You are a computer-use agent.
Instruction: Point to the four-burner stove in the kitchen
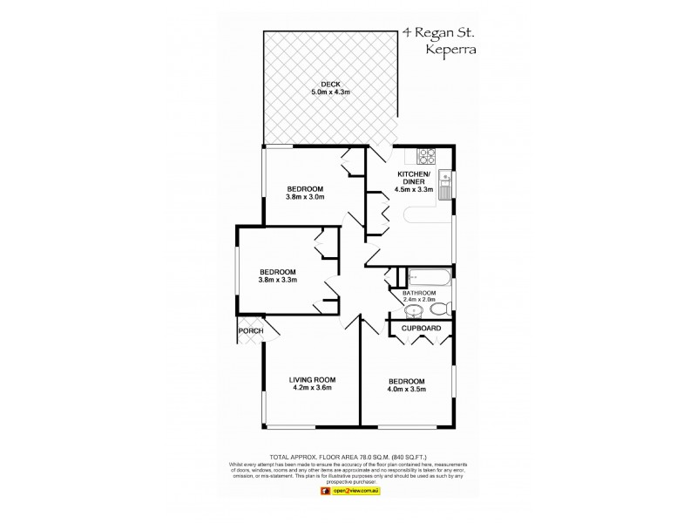coord(427,156)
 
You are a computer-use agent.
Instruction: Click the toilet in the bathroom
coord(438,309)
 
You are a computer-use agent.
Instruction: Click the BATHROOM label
coord(419,293)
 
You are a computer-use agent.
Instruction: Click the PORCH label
coord(249,330)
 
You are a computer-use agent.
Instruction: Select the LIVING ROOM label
coord(312,380)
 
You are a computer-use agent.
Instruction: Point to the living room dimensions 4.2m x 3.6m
coord(312,390)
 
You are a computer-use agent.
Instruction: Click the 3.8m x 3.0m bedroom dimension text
coord(306,197)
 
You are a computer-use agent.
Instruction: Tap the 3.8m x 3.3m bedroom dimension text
coord(278,280)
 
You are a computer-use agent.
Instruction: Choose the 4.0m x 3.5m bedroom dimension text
coord(407,391)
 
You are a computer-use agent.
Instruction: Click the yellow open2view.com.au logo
coord(348,492)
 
